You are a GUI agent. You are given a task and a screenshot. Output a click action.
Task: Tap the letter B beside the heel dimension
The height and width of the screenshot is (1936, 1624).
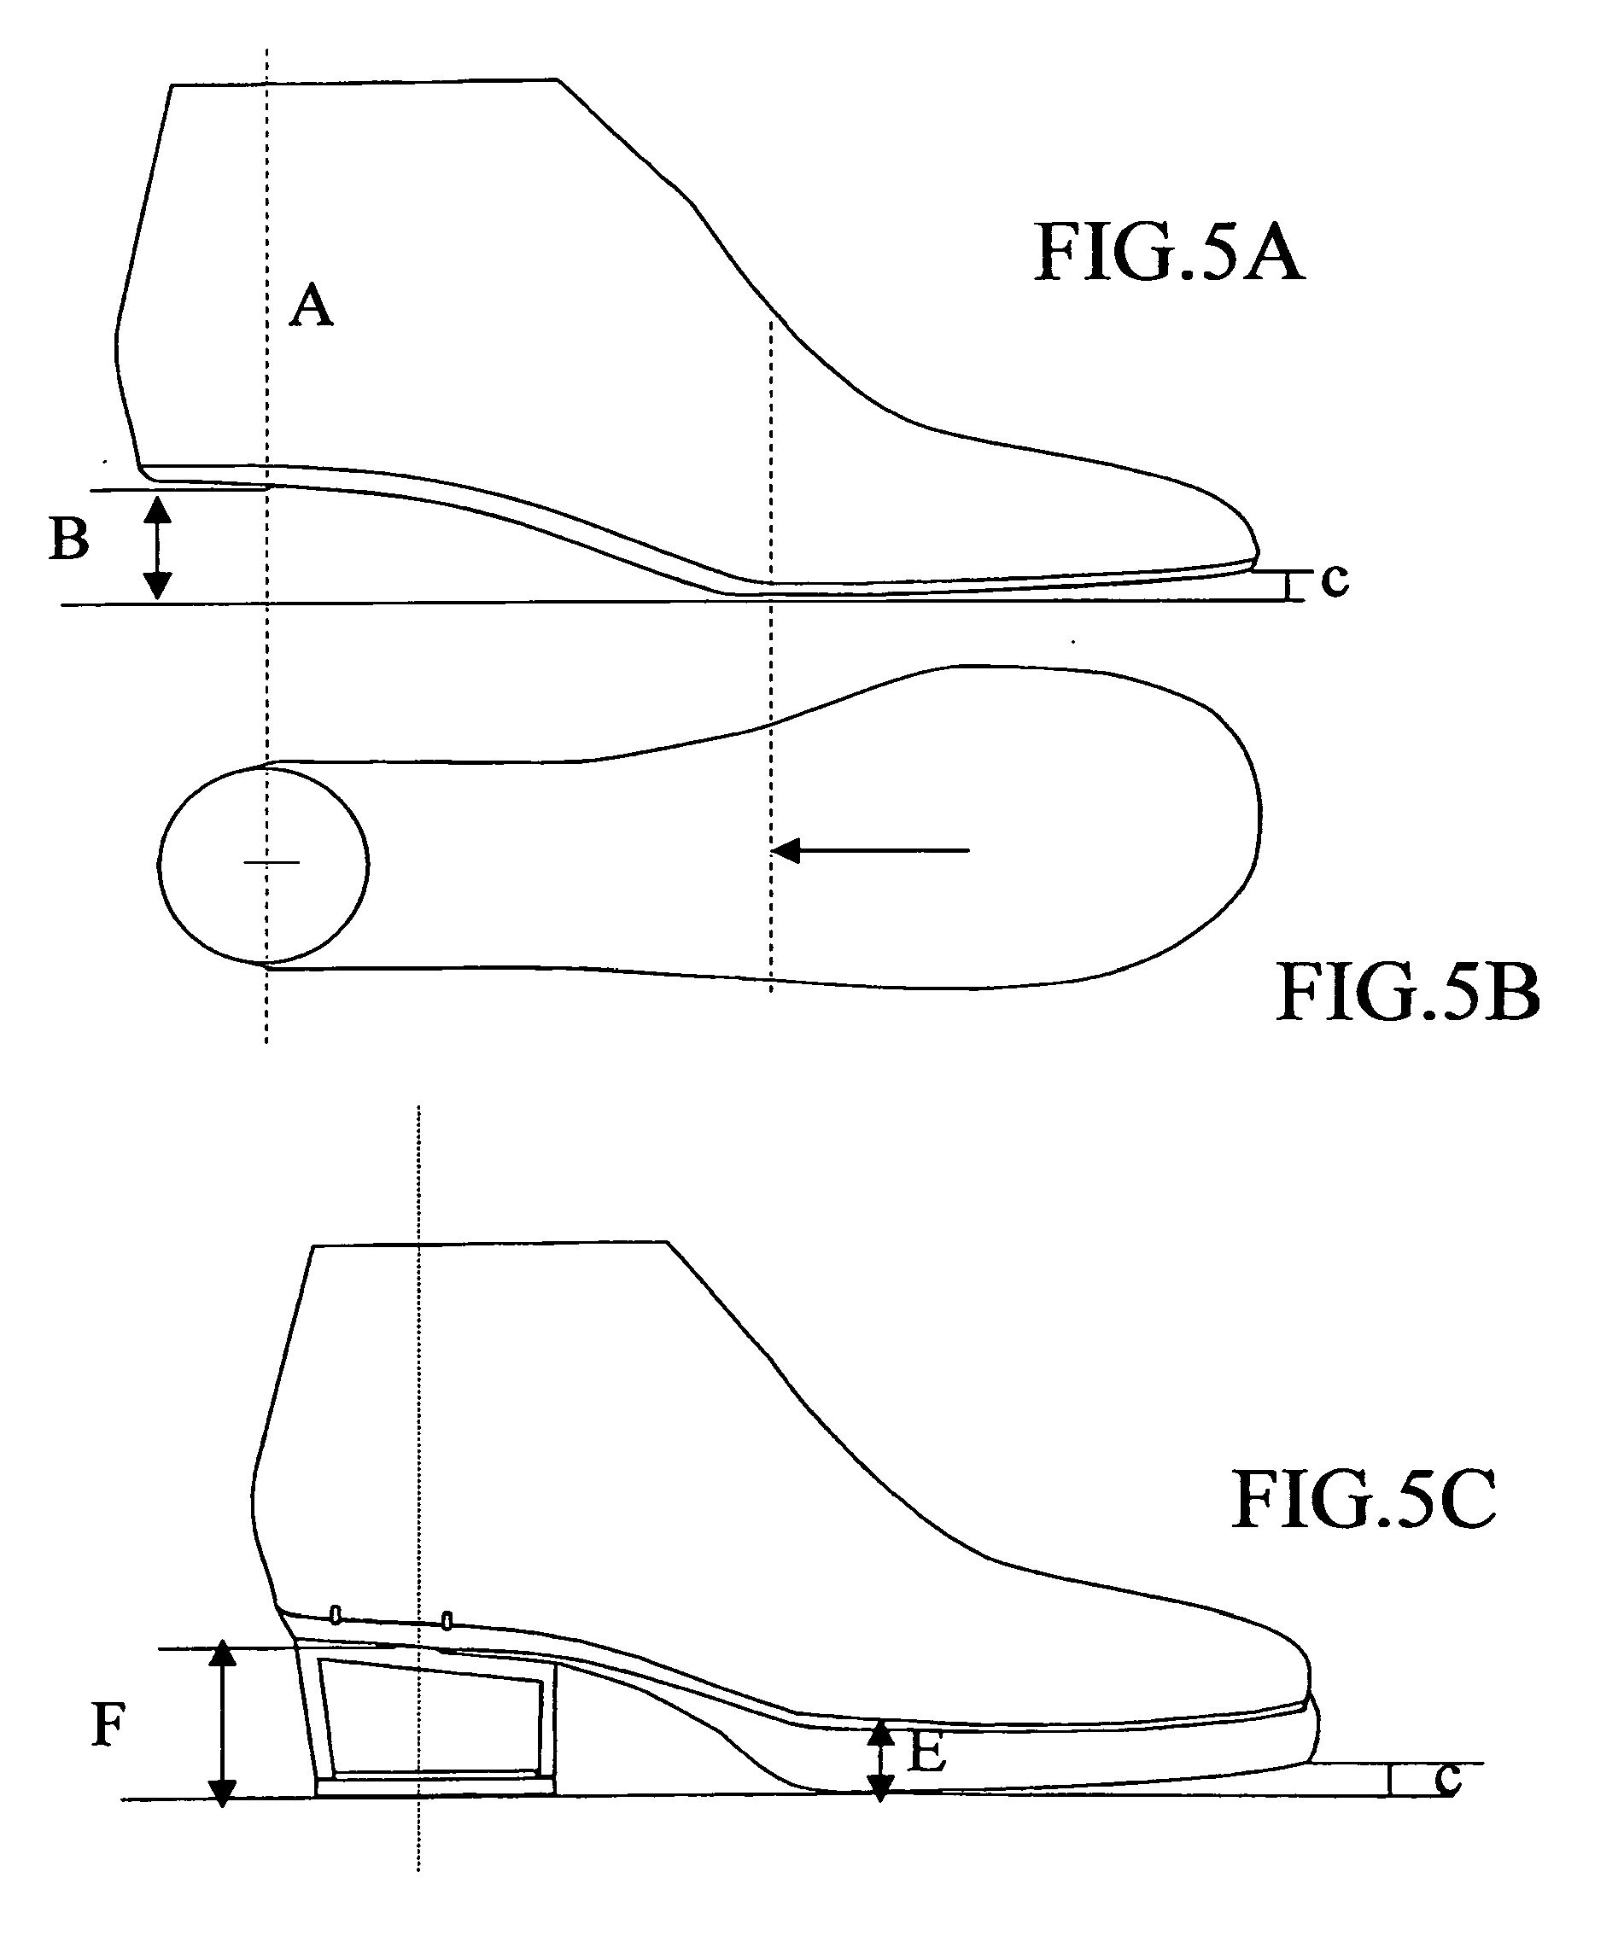coord(69,539)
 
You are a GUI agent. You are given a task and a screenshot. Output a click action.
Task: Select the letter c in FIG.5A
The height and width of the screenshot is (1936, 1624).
coord(1335,580)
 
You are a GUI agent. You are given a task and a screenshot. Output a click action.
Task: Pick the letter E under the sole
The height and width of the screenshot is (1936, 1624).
coord(926,1752)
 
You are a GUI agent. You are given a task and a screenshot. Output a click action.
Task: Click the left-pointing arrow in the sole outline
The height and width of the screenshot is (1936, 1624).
coord(871,850)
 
